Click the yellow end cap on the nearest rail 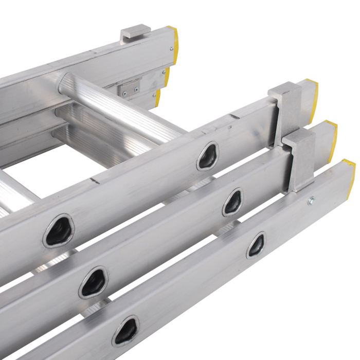coord(349,175)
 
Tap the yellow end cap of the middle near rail coord(332,139)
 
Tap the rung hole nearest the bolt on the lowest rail coord(256,245)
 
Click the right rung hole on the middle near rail coord(232,202)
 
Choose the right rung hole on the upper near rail coord(208,156)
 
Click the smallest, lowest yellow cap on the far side coord(158,97)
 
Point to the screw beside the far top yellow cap coord(170,49)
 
